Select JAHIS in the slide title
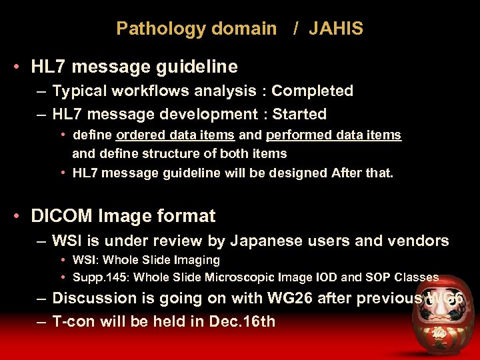tap(336, 29)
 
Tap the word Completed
tap(312, 91)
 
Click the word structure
tap(164, 153)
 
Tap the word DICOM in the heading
tap(63, 216)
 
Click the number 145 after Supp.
tap(113, 277)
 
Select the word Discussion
tap(95, 298)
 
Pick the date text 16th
tap(259, 321)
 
